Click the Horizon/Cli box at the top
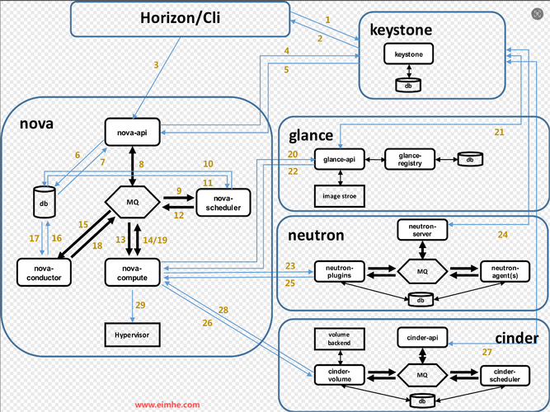point(179,19)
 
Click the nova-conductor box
point(44,272)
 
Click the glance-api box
point(339,159)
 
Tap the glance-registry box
point(410,159)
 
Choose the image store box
point(339,196)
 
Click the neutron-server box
point(422,230)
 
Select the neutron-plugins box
point(339,270)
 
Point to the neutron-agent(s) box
point(505,270)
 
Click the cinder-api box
point(422,337)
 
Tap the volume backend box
point(339,337)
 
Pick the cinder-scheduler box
point(505,375)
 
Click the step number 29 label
point(140,306)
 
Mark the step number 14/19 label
point(155,239)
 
